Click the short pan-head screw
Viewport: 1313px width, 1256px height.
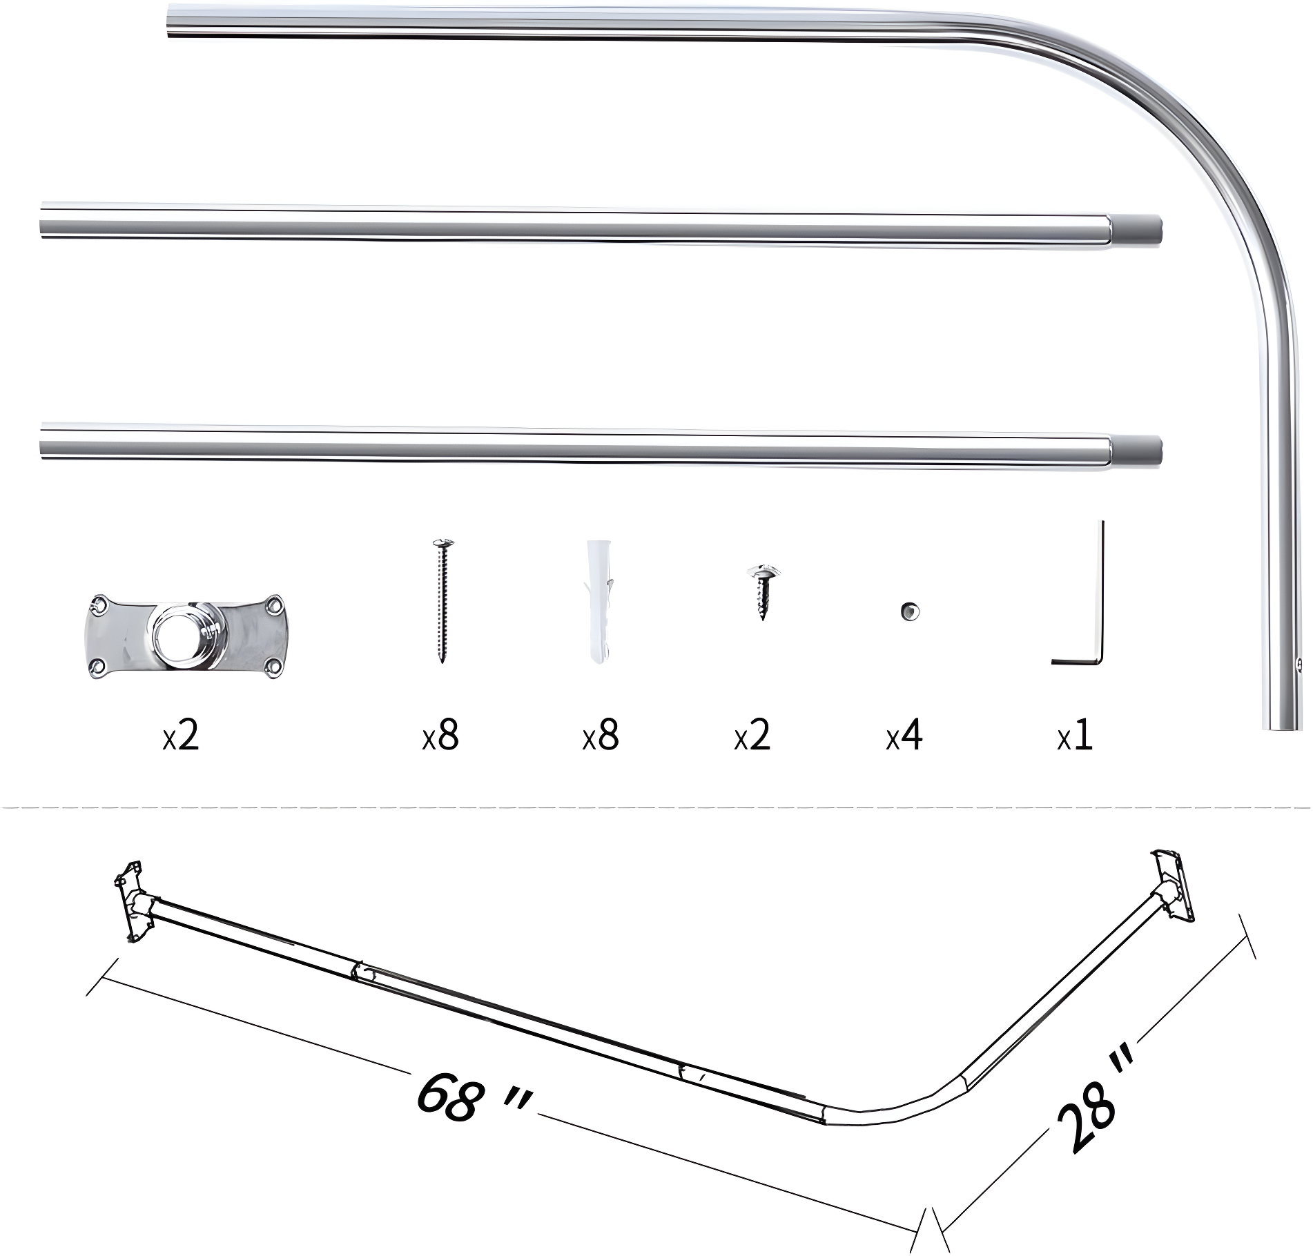[763, 591]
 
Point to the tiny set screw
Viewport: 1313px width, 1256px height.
[908, 611]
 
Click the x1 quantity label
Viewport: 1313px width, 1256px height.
[1076, 736]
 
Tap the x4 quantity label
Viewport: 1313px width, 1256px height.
[904, 736]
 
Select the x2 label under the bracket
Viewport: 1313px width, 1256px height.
[181, 736]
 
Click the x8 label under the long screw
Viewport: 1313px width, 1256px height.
[440, 736]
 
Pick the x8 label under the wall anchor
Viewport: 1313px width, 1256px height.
[601, 736]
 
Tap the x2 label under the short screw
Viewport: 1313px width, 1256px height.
[752, 736]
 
